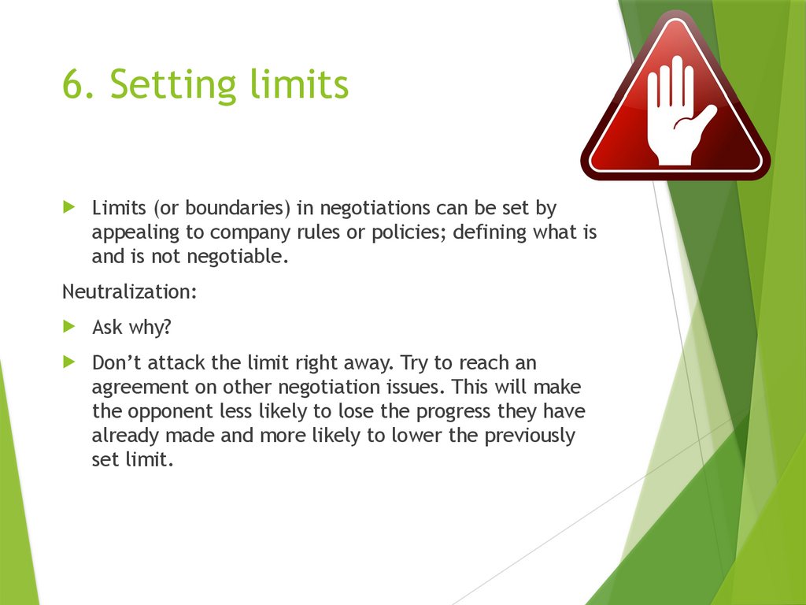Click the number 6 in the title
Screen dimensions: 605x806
click(x=75, y=85)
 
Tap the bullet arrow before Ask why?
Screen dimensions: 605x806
click(x=68, y=325)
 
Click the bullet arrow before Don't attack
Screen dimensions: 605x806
click(x=68, y=362)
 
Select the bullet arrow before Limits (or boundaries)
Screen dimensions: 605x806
click(x=68, y=208)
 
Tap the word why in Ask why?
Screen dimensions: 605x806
click(x=148, y=327)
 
